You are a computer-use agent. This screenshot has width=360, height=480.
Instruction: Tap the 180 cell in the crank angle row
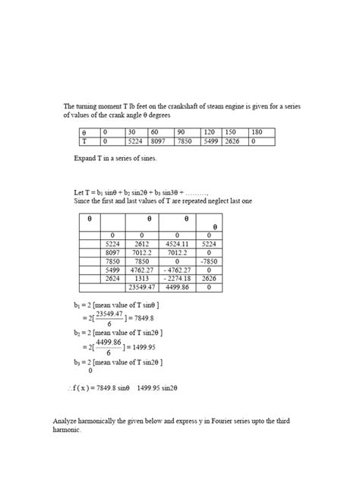pos(258,132)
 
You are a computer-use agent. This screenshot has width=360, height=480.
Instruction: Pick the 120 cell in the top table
pos(209,132)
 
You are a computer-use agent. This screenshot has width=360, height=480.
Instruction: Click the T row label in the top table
pos(84,141)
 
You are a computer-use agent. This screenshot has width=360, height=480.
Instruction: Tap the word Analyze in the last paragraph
pos(65,421)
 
